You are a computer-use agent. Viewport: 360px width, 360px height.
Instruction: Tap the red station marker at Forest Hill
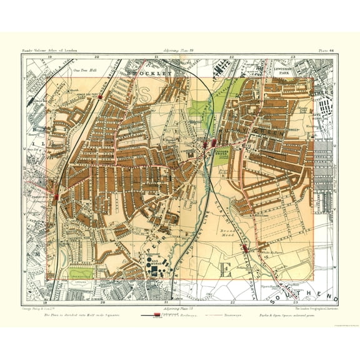click(x=57, y=196)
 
